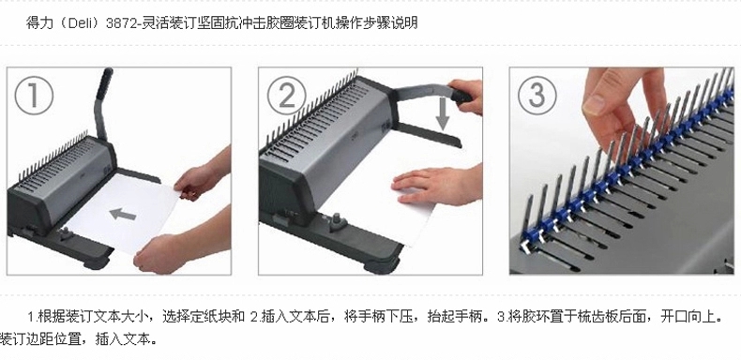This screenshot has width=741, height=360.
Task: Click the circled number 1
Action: pos(34,96)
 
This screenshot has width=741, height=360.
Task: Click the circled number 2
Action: pos(286,96)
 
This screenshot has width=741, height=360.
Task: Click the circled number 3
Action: pos(537,96)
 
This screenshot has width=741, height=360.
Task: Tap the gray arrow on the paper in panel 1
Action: pos(123,215)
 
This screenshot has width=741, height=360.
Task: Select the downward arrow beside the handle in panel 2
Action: pos(443,113)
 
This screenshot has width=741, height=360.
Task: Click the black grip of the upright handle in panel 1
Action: pos(104,83)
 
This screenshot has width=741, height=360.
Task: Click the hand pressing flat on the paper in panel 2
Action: pos(435,186)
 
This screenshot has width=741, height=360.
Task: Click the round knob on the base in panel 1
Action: pos(65,232)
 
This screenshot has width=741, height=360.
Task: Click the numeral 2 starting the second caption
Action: pos(253,317)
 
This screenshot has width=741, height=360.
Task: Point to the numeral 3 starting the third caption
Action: pos(501,317)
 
